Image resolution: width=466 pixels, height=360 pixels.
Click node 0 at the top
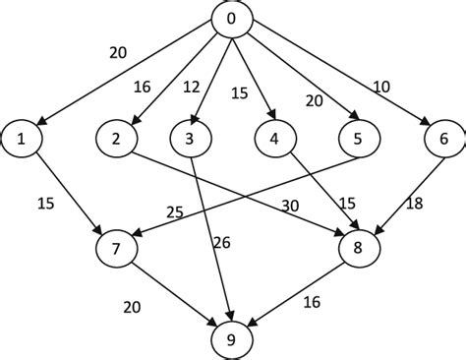[x=232, y=21]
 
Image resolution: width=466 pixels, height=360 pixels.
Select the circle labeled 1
[x=21, y=140]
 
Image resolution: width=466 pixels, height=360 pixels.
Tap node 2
[x=116, y=140]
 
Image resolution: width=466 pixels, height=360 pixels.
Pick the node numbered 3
[x=188, y=140]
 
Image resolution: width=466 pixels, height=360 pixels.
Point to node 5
[x=358, y=140]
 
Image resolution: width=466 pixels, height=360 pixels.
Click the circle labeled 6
[x=443, y=140]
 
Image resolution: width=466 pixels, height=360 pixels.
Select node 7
[x=116, y=246]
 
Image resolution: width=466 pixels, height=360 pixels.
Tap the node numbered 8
[x=358, y=246]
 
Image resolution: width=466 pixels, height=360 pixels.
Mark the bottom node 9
[x=232, y=339]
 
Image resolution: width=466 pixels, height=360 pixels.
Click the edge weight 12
[x=192, y=87]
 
